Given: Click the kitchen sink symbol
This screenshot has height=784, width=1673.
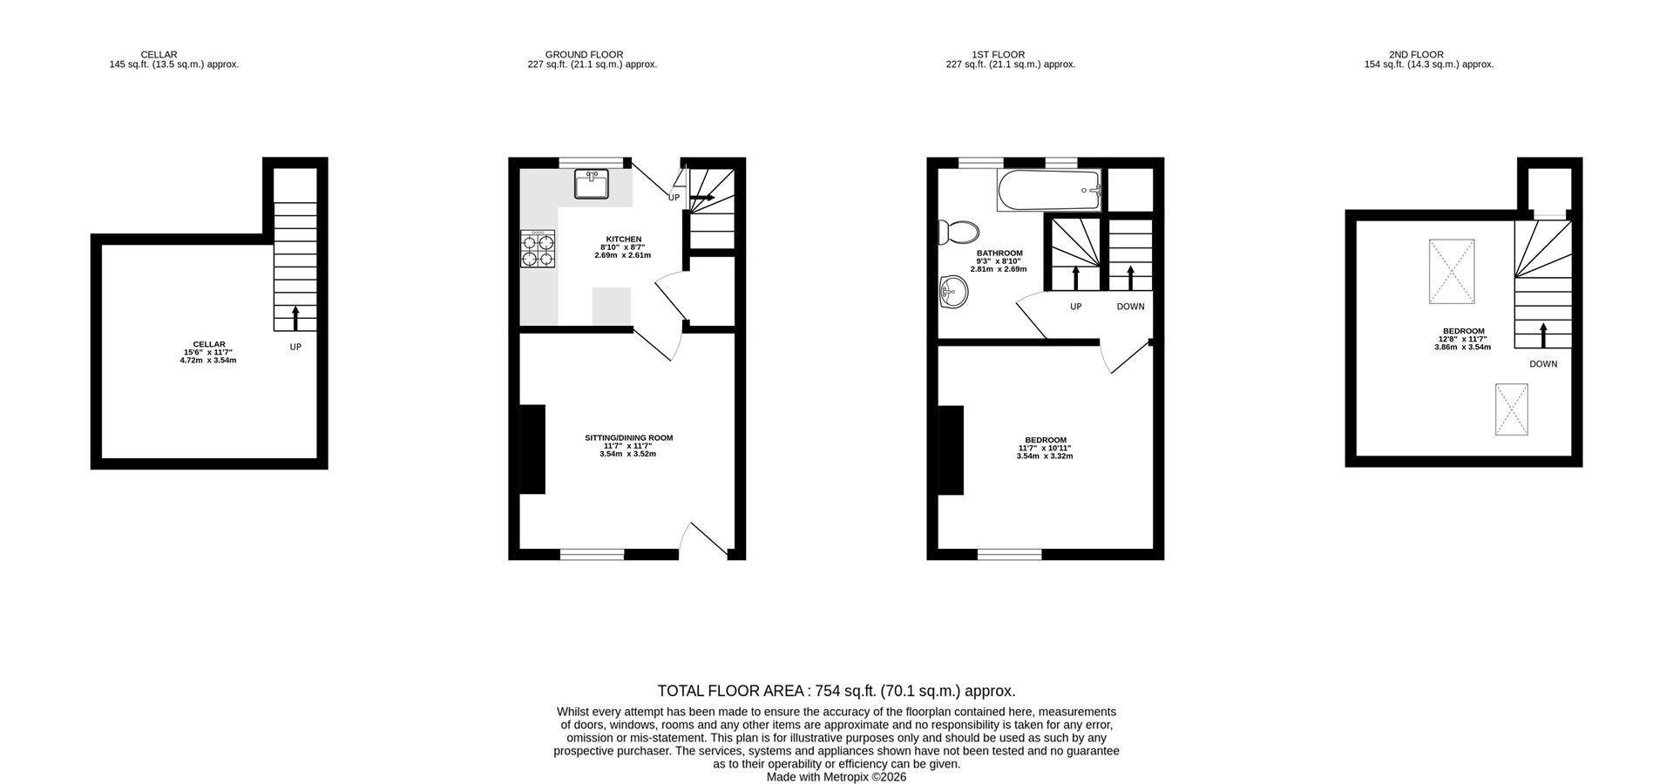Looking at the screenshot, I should (x=592, y=185).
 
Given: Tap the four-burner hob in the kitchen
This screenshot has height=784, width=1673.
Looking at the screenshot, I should (x=538, y=248).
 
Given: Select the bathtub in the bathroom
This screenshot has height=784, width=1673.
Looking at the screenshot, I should (x=1049, y=191).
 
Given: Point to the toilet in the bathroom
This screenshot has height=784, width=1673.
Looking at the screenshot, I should (x=958, y=233).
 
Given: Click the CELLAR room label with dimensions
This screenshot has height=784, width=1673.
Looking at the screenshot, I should (x=208, y=352).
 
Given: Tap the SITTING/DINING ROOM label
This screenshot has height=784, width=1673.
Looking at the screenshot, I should (x=628, y=446).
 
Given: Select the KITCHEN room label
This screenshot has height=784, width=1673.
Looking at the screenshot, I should (x=623, y=247).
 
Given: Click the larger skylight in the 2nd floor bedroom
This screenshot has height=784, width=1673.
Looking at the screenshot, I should (x=1452, y=272).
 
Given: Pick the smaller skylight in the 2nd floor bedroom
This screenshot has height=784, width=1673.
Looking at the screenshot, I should (x=1513, y=409).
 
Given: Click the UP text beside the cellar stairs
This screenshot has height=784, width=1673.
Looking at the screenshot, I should (x=295, y=347).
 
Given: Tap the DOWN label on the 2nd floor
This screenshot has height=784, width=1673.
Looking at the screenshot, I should (x=1542, y=364).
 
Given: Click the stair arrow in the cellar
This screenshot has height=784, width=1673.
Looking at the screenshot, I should (x=295, y=318).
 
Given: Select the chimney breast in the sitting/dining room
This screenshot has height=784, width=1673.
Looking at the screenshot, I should (x=532, y=449).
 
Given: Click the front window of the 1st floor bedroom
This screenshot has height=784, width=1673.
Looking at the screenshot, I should (x=1009, y=554).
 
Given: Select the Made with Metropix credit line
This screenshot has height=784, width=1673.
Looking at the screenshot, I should (x=836, y=777).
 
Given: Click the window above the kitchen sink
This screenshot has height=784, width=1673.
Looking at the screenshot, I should (x=592, y=162).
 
